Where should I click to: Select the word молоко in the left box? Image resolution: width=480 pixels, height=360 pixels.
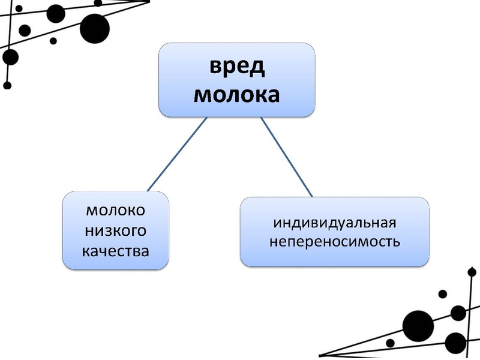[x=116, y=211]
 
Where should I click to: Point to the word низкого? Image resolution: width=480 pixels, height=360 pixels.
[x=116, y=230]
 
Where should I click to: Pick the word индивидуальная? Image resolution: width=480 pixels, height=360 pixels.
[x=335, y=223]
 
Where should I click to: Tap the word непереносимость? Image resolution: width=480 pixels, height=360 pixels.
[x=335, y=243]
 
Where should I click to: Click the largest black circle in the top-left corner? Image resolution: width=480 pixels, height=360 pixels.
[x=94, y=28]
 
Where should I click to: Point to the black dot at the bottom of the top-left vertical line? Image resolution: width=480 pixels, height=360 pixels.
[x=7, y=85]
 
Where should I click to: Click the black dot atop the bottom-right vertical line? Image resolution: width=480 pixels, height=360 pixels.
[x=472, y=271]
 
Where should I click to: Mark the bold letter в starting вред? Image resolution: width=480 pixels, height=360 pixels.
[x=215, y=68]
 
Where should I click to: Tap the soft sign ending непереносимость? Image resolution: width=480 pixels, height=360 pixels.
[x=397, y=243]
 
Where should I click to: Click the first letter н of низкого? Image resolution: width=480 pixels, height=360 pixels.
[x=90, y=230]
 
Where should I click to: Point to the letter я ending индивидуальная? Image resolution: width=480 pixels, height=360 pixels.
[x=392, y=223]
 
